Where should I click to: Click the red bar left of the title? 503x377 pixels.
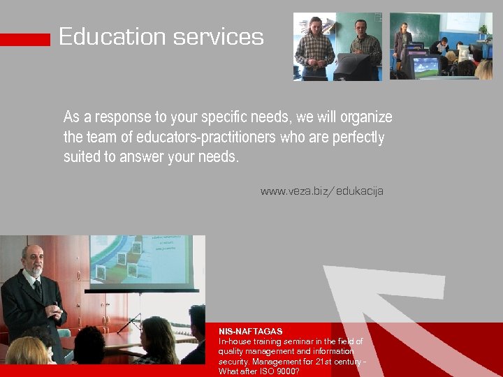pos(25,40)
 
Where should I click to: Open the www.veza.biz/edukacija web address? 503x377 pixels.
pos(321,191)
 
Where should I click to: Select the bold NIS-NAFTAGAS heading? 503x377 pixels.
pos(250,331)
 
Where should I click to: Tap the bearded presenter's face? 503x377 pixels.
pos(32,260)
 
